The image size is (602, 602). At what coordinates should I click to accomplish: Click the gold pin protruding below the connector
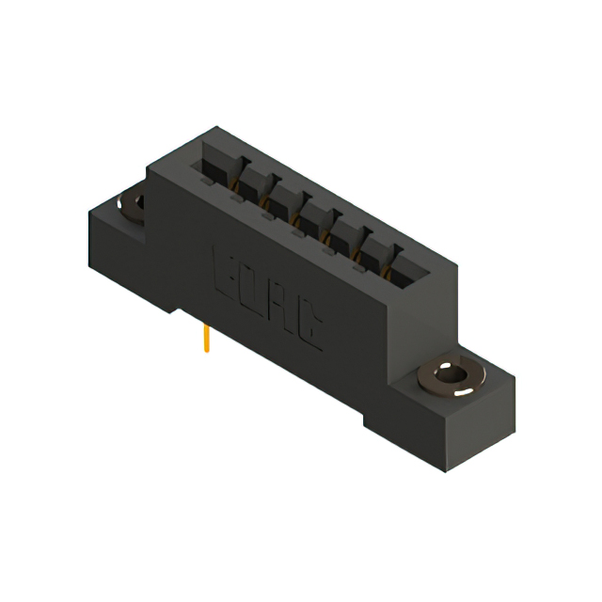coord(206,338)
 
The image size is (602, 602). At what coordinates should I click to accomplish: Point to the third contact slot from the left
coord(278,201)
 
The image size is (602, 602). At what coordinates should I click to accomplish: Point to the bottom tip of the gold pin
coord(206,350)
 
